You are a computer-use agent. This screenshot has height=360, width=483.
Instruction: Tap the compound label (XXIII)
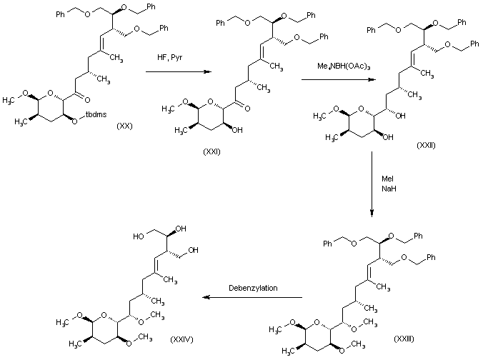click(404, 336)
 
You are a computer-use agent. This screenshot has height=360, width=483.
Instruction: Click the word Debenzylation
click(253, 288)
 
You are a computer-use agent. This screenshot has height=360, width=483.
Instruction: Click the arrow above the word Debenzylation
click(252, 296)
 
